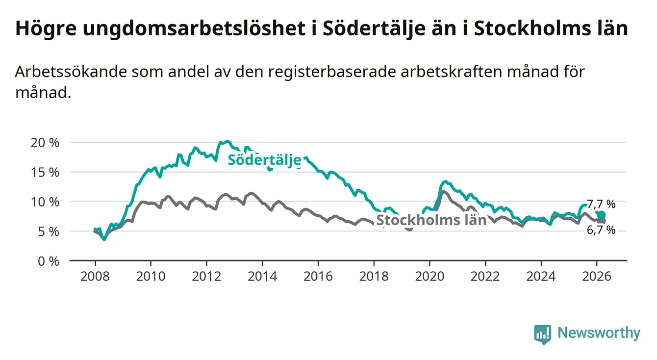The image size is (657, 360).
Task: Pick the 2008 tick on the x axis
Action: pyautogui.click(x=95, y=276)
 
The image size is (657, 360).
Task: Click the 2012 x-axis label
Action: pyautogui.click(x=206, y=276)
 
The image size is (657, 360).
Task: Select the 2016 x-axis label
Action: pyautogui.click(x=318, y=276)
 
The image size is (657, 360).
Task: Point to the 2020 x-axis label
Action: pyautogui.click(x=430, y=276)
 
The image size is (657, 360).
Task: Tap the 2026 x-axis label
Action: pyautogui.click(x=597, y=276)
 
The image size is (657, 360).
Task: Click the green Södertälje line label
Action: pyautogui.click(x=264, y=160)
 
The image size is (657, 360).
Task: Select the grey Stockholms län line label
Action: pyautogui.click(x=431, y=220)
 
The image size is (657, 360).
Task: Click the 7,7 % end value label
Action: pyautogui.click(x=601, y=205)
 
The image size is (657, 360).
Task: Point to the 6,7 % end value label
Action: pyautogui.click(x=601, y=230)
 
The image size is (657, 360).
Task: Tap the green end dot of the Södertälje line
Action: pyautogui.click(x=601, y=215)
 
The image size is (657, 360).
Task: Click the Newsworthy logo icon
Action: pyautogui.click(x=542, y=334)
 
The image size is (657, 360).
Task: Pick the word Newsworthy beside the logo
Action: pyautogui.click(x=599, y=334)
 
